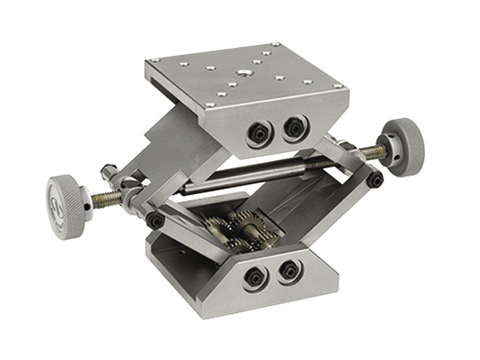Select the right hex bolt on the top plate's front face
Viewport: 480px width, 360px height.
pos(295,126)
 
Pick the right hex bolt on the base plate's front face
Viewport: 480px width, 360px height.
pos(289,270)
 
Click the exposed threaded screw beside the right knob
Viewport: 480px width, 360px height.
pos(371,153)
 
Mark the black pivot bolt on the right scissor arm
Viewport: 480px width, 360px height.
pos(376,180)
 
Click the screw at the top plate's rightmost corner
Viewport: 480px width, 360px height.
pos(336,84)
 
